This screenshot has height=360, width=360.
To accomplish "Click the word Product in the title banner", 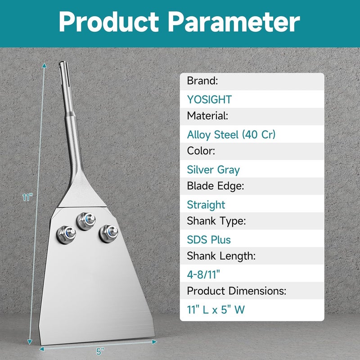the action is (109, 21).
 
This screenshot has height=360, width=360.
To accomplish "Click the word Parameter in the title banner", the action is (234, 21).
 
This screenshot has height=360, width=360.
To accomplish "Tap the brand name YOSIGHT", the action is (209, 99).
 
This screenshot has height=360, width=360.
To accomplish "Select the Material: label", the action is (207, 116).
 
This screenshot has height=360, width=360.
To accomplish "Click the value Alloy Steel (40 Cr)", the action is (231, 135).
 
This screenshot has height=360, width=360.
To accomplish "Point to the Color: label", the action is (201, 151).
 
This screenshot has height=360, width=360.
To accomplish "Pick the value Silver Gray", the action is (213, 170).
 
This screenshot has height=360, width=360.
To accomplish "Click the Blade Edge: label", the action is (216, 186).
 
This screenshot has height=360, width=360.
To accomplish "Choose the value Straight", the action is (206, 205).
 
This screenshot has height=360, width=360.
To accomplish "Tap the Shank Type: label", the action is (216, 221).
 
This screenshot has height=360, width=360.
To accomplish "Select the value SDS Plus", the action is (209, 240).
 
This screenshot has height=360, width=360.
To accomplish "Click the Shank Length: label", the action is (221, 256).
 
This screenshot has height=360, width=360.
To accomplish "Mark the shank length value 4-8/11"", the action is (203, 274).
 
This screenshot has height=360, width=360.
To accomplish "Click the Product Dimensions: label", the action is (237, 291).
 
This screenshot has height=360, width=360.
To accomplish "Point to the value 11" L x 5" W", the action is (216, 310).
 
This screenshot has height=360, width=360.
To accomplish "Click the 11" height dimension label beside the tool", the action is (27, 197).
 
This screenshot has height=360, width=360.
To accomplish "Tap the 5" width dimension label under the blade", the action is (100, 351).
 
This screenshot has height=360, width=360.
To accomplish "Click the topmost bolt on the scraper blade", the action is (86, 221).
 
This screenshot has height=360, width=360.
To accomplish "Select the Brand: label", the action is (202, 81).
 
